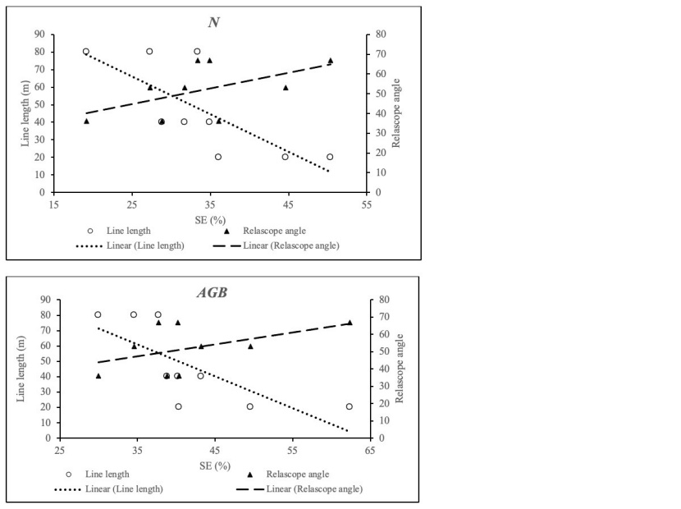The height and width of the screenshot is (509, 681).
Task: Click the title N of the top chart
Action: (x=213, y=22)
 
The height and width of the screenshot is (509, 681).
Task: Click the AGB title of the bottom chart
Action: (x=213, y=294)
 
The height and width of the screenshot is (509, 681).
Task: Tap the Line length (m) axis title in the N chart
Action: (x=25, y=113)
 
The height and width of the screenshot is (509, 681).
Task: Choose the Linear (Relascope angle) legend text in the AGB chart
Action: (x=316, y=489)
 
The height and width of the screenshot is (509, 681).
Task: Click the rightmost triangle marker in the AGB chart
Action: (x=350, y=323)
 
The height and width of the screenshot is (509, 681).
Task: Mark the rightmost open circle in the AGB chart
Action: (x=350, y=406)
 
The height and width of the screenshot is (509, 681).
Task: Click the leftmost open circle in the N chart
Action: (x=86, y=52)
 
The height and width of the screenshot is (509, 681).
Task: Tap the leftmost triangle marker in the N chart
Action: (x=86, y=122)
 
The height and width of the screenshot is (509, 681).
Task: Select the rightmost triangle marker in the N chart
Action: (x=331, y=61)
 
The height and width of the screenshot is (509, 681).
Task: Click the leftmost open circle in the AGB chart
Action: (x=98, y=314)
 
